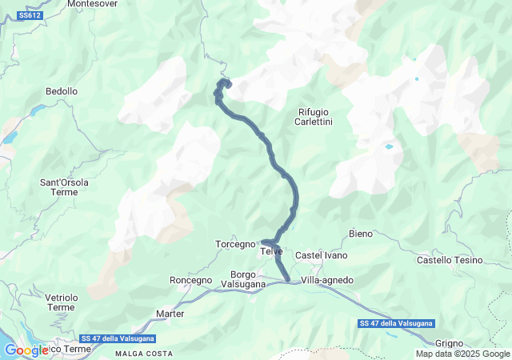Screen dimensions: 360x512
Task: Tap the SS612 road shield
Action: [x=30, y=15]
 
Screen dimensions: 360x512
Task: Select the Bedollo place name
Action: [x=62, y=92]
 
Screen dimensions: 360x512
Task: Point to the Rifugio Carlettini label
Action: [x=314, y=117]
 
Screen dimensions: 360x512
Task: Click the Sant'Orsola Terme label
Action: [x=65, y=187]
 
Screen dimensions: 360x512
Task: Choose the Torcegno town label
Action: [x=235, y=244]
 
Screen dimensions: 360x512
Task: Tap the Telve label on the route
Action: [x=272, y=251]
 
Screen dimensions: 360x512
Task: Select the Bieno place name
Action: [x=362, y=234]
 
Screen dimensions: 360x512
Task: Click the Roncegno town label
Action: [x=191, y=280]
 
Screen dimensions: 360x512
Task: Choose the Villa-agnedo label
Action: [x=327, y=280]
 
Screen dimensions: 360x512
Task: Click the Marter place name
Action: [x=170, y=314]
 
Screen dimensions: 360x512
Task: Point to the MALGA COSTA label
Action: [x=144, y=354]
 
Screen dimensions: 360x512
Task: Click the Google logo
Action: [x=26, y=350]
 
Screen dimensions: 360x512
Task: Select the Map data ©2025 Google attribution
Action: [x=462, y=354]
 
